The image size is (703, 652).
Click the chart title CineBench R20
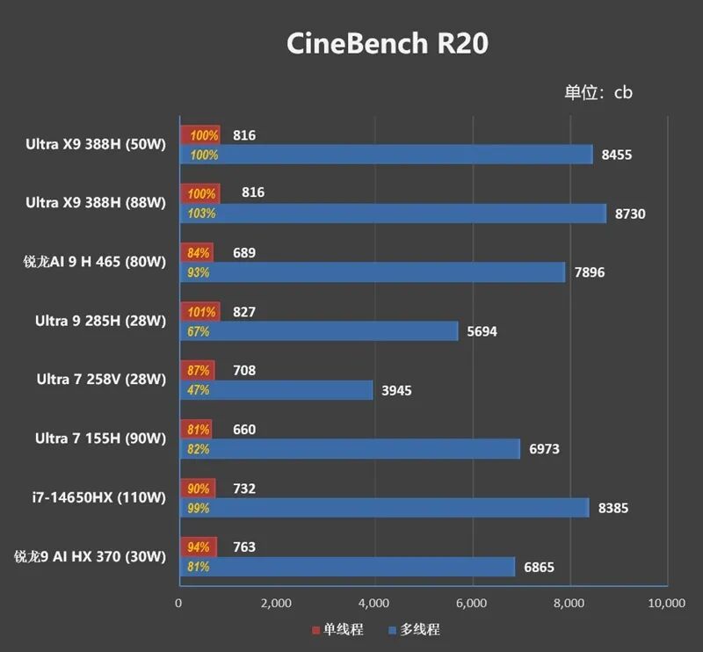point(388,44)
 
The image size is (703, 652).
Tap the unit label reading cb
point(623,92)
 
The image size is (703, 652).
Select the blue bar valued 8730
point(393,214)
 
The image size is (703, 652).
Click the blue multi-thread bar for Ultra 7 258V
point(276,390)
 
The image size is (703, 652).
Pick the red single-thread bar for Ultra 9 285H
point(200,312)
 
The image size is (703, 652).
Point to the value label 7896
point(590,272)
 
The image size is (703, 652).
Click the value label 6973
point(544,449)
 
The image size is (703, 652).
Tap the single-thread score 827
point(244,312)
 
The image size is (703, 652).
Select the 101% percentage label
point(201,312)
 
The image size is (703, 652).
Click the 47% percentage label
point(199,390)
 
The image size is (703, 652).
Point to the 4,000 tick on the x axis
point(374,603)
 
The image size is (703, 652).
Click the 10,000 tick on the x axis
point(667,603)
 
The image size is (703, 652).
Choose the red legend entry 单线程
point(337,629)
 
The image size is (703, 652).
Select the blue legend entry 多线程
point(414,629)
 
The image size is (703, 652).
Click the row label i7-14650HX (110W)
point(99,497)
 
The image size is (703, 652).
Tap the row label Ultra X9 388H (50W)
point(96,144)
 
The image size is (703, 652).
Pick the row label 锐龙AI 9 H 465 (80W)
point(95,262)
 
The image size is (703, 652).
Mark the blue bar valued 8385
point(385,508)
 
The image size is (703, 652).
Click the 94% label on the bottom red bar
point(199,547)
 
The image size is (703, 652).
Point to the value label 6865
point(539,568)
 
